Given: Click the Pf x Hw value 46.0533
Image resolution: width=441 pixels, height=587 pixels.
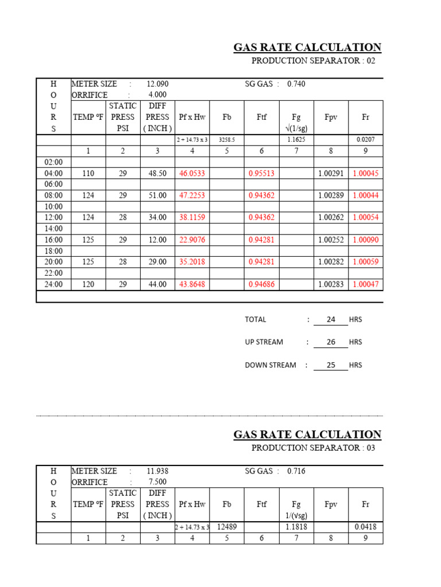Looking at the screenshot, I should click(192, 173).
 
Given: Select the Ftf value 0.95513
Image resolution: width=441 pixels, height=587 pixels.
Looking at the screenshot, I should click(261, 173).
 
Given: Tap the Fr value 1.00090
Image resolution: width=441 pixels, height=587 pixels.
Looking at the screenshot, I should click(366, 240).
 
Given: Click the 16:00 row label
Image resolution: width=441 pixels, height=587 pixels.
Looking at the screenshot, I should click(53, 240).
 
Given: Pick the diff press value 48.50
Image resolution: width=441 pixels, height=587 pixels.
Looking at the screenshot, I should click(157, 173).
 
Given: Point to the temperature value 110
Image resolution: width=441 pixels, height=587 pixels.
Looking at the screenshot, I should click(88, 173).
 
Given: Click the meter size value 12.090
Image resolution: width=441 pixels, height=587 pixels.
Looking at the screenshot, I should click(157, 84).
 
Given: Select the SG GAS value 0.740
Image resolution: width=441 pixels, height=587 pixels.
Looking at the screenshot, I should click(296, 84).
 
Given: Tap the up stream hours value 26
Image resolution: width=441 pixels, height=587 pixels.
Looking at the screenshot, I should click(331, 342).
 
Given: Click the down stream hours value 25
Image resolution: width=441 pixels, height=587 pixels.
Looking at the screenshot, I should click(331, 365).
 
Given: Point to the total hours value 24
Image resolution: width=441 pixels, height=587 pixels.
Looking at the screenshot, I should click(331, 319).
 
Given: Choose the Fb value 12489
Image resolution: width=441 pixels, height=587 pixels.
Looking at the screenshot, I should click(227, 527).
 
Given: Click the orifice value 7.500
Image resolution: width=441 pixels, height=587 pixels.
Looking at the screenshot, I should click(157, 482).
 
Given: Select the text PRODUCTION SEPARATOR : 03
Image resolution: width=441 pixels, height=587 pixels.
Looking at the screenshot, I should click(314, 448).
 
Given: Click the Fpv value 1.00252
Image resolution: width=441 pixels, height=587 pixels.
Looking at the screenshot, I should click(331, 240).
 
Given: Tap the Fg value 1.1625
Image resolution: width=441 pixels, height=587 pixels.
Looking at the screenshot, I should click(296, 139).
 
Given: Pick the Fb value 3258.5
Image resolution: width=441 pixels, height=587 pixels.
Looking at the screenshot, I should click(227, 139).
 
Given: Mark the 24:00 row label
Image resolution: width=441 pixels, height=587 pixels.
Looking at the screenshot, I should click(53, 284).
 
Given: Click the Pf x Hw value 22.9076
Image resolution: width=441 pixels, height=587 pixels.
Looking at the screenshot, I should click(192, 240).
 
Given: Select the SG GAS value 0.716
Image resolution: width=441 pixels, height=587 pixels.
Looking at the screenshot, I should click(296, 471).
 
